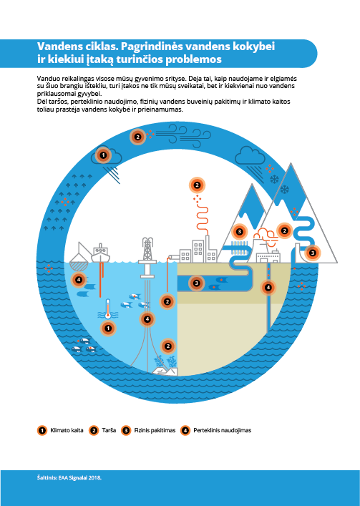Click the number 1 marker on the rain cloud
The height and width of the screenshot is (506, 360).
pos(103,155)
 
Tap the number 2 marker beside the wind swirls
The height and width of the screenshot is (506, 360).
pos(137,137)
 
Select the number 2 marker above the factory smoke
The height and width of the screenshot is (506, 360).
pos(197,185)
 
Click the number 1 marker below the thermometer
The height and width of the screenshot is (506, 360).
pos(108,329)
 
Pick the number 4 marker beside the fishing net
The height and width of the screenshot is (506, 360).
pos(79,279)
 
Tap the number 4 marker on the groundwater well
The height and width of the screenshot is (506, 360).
pos(268,287)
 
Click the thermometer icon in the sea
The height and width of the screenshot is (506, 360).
pos(108,309)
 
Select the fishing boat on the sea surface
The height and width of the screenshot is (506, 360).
pos(101,253)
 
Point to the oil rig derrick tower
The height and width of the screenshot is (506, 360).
pos(147,251)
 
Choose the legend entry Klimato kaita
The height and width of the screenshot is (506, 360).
pos(60,430)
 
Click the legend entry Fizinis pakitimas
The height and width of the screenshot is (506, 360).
pos(148,430)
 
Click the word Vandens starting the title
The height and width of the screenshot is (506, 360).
pos(56,47)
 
